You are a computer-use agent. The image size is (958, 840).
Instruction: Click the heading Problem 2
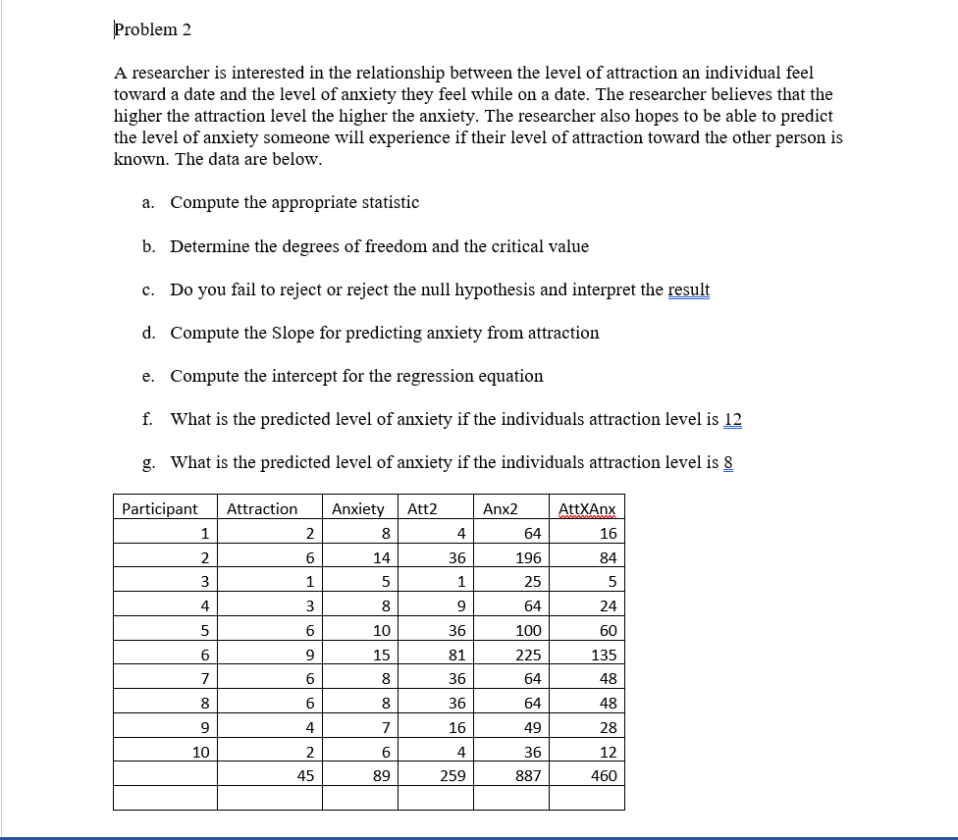(x=153, y=29)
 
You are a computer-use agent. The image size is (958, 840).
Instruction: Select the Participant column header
(x=159, y=508)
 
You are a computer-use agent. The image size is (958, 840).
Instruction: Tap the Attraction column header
(x=261, y=508)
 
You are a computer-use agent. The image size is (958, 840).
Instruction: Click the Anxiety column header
(x=357, y=508)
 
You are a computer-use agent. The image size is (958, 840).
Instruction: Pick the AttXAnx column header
(x=587, y=508)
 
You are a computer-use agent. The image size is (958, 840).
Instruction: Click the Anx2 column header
(x=500, y=508)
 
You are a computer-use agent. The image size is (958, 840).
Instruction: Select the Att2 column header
(x=422, y=508)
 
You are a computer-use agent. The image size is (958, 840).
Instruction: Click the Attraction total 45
(x=305, y=775)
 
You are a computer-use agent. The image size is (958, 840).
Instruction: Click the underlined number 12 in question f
(x=732, y=420)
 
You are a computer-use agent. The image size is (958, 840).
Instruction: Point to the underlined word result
(x=688, y=290)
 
